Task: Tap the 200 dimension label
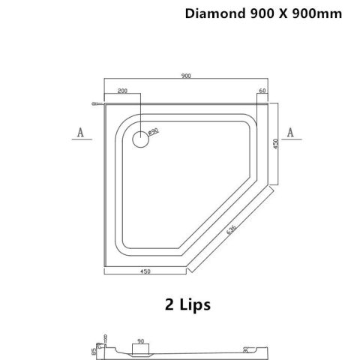[121, 90]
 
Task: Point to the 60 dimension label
[262, 91]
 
